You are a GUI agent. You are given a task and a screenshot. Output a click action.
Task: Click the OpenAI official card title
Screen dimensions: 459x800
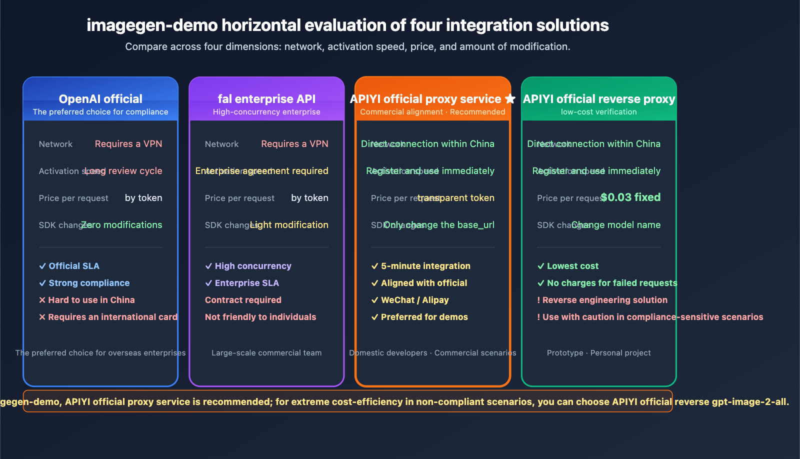click(x=100, y=99)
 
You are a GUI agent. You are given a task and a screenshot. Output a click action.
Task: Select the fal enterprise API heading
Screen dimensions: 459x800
click(x=266, y=99)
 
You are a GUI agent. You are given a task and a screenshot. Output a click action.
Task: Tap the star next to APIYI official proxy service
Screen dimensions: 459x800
click(x=510, y=99)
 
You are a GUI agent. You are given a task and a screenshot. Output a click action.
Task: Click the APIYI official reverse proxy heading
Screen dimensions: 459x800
click(x=599, y=99)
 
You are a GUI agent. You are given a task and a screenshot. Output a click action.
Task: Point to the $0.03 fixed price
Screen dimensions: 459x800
click(x=630, y=197)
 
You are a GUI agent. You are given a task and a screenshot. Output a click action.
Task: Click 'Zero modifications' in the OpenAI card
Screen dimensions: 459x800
click(x=122, y=225)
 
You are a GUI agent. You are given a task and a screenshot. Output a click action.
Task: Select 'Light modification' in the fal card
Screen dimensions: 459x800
click(x=289, y=225)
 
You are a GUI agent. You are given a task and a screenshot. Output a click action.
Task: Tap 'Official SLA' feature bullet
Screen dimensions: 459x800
click(x=73, y=266)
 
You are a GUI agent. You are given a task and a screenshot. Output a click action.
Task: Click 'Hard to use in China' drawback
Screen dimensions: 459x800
click(x=91, y=300)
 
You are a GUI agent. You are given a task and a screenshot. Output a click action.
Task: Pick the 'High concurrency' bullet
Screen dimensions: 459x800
click(x=252, y=266)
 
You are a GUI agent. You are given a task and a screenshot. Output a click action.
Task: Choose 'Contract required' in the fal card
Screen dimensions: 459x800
click(x=243, y=300)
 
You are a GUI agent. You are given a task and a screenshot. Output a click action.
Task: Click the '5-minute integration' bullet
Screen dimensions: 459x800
click(x=425, y=266)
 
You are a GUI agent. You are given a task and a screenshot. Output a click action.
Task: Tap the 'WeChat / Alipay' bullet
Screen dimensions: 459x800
click(x=414, y=300)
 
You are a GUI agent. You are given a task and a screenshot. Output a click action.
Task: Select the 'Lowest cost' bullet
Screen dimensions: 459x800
click(x=572, y=266)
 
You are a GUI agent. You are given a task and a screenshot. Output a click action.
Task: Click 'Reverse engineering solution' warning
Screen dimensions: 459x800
click(x=604, y=300)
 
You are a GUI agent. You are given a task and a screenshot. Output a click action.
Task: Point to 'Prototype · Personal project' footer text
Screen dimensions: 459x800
click(x=598, y=353)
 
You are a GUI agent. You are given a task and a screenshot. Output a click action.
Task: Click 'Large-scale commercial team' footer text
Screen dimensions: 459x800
click(x=266, y=353)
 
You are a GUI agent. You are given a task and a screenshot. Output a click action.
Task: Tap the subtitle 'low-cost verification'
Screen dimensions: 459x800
click(x=598, y=112)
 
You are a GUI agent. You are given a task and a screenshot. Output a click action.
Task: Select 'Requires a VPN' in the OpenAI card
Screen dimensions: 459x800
click(x=128, y=144)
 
